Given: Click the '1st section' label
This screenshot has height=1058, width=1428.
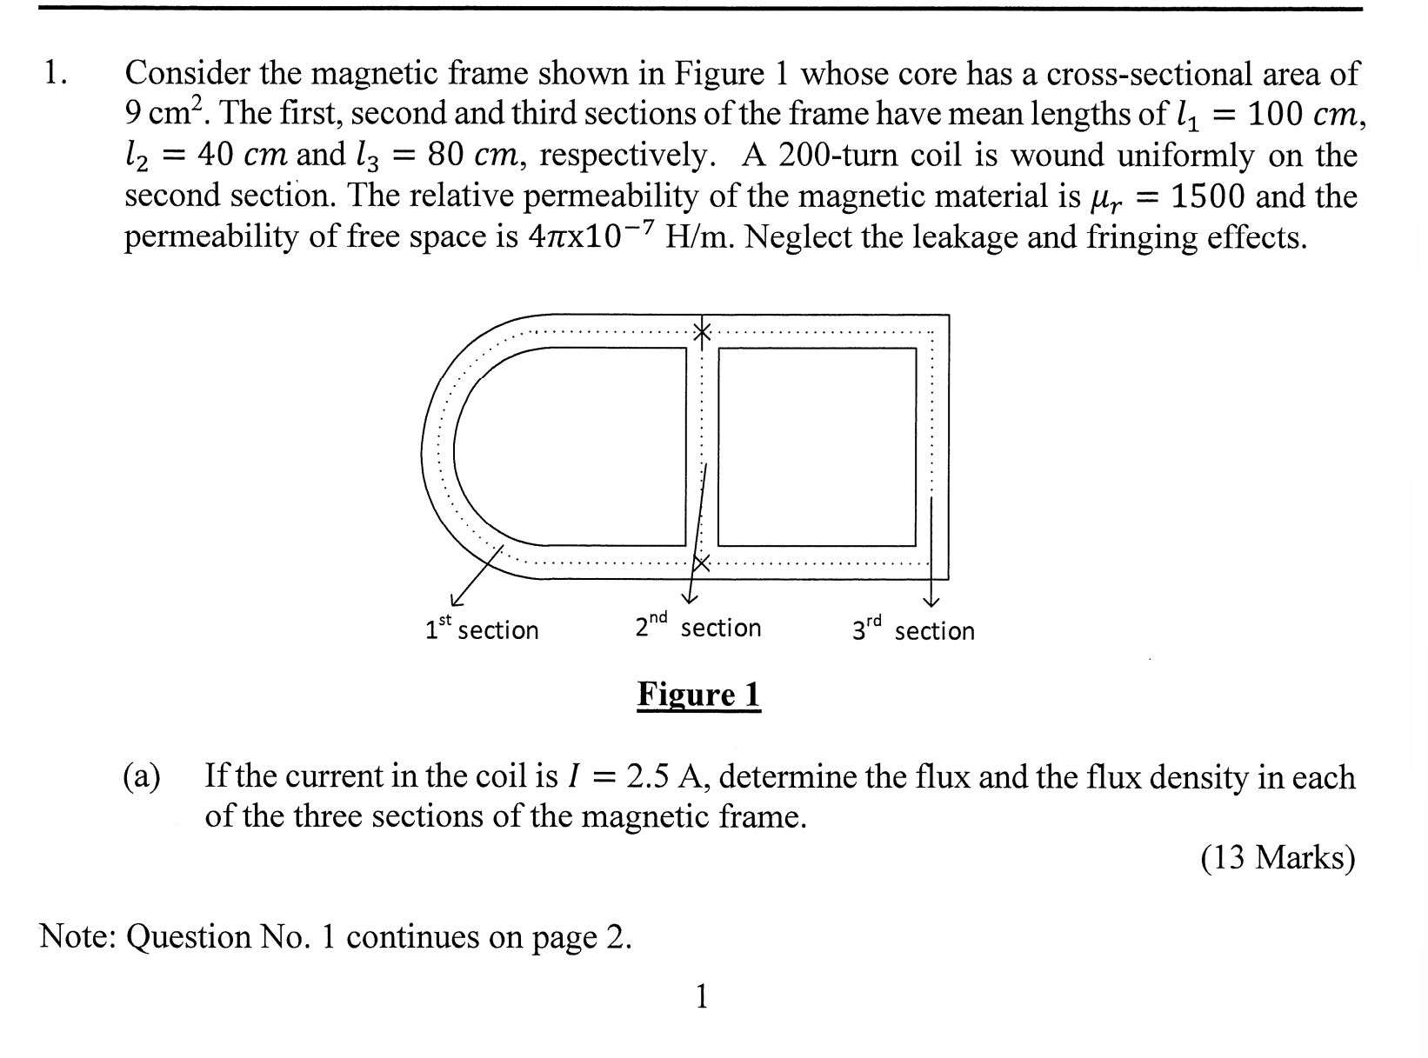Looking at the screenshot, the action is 481,629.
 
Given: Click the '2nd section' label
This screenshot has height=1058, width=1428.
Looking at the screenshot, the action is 697,626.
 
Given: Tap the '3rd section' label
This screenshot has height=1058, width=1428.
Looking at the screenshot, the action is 913,629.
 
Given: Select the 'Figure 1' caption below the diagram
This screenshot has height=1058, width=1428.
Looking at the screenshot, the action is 698,695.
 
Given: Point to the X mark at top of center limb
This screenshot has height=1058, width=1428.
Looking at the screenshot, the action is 701,331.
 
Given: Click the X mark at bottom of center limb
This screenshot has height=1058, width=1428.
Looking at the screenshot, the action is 701,563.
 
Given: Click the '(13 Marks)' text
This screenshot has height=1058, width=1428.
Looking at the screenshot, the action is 1278,858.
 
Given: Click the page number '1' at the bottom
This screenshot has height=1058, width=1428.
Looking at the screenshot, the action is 702,996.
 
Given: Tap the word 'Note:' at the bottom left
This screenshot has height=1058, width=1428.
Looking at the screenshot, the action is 77,936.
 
